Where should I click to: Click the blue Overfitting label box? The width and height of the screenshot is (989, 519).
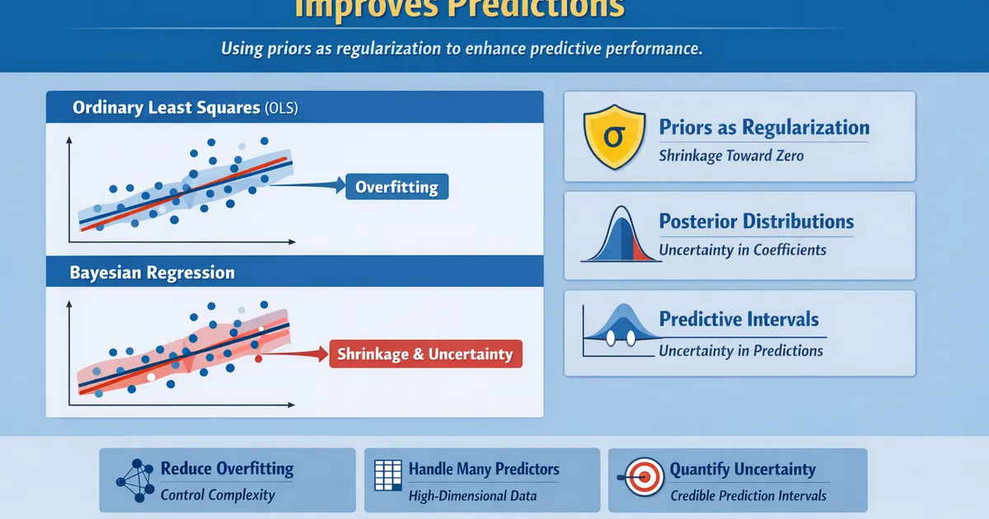(396, 187)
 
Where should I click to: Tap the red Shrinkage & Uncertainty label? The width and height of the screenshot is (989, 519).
(425, 355)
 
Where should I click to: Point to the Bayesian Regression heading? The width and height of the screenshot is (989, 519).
(152, 272)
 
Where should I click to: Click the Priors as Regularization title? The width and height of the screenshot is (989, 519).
(764, 128)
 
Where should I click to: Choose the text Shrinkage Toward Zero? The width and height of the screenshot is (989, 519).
(731, 156)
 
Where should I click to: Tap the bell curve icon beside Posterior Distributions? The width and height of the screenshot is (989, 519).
(621, 235)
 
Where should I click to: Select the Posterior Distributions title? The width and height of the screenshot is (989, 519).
(756, 222)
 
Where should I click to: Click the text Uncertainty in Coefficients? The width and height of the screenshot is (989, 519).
(742, 250)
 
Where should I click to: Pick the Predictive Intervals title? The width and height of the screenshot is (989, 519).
(739, 320)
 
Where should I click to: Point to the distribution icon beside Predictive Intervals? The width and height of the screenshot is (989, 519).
(621, 330)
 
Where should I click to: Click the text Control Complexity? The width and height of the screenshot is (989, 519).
(218, 495)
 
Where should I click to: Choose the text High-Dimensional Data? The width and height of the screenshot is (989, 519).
(472, 495)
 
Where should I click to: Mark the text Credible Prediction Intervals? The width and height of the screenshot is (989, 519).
(748, 495)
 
